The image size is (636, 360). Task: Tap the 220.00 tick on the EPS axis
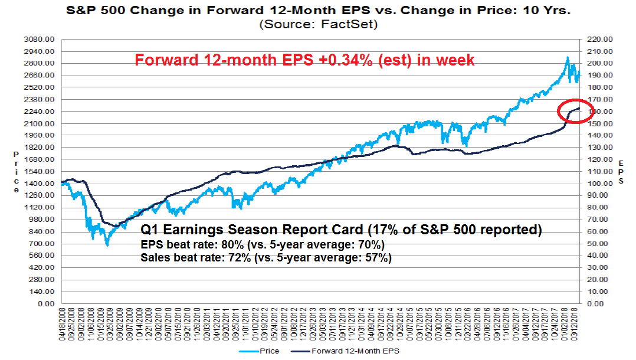coord(599,39)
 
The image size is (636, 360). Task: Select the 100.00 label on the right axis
coord(599,184)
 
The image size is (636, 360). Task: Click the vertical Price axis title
coord(17,171)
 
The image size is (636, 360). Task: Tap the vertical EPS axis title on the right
coord(621,171)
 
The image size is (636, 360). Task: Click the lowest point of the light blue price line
coord(107,244)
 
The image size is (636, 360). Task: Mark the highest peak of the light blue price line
coord(567,57)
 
